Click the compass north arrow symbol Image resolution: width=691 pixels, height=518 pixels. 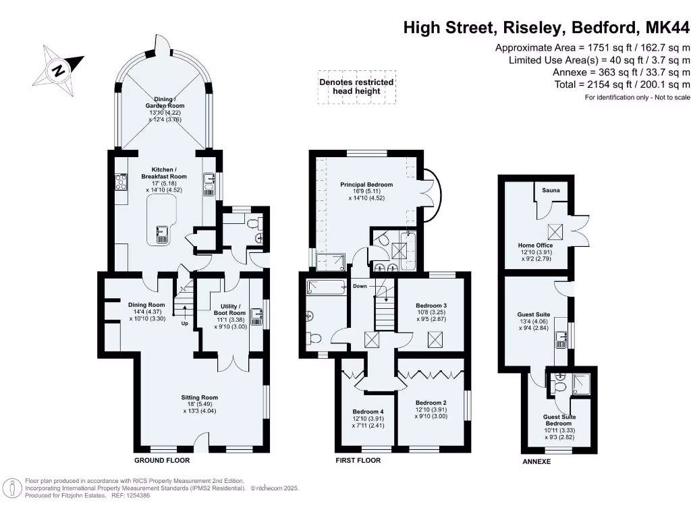(x=59, y=69)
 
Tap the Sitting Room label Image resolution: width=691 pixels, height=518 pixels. (x=199, y=398)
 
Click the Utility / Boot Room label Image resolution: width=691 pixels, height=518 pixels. (x=229, y=309)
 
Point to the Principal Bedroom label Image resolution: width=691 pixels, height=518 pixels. (x=366, y=184)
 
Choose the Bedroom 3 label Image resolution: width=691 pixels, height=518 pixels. (x=431, y=306)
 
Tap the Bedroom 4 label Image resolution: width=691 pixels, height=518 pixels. (x=368, y=412)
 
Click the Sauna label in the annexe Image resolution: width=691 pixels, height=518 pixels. (x=551, y=191)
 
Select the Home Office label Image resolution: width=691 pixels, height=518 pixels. (x=535, y=246)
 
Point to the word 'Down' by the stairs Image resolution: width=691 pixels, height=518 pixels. (x=359, y=287)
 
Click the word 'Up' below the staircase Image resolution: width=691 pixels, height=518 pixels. (x=184, y=323)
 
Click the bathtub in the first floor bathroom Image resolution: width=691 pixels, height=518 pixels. (x=325, y=287)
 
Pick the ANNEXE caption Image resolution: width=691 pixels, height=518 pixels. (x=536, y=462)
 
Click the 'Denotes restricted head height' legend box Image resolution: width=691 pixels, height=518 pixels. (x=356, y=87)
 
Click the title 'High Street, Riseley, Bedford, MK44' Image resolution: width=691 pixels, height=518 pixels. (x=547, y=28)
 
